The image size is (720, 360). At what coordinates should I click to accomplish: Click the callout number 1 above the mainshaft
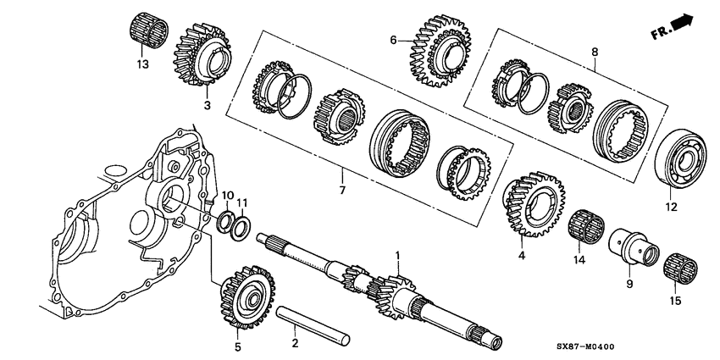pos(396,254)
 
